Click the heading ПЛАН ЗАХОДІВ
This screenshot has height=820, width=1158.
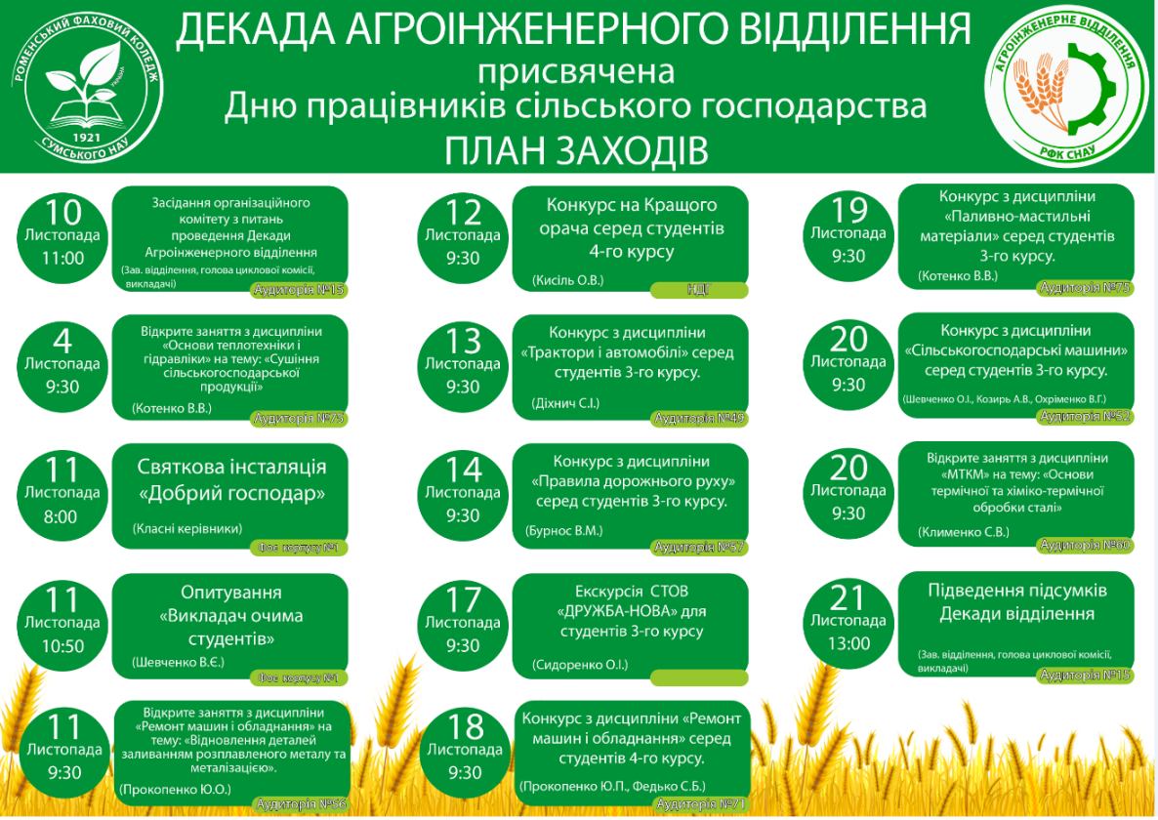click(577, 151)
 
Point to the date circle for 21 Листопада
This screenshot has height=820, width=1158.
click(848, 620)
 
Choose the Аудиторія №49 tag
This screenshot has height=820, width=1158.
click(699, 419)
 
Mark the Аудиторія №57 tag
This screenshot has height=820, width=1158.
click(699, 547)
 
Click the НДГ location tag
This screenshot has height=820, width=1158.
click(699, 290)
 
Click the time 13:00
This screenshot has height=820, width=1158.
click(848, 643)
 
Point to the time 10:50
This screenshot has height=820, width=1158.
click(63, 646)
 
